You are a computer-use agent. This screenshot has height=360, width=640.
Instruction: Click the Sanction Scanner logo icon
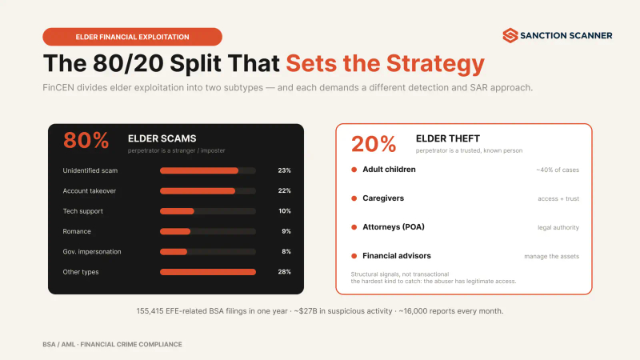tap(510, 35)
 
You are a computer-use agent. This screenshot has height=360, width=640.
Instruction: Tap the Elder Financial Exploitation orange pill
tap(132, 37)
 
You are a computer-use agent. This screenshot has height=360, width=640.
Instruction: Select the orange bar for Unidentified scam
tap(199, 170)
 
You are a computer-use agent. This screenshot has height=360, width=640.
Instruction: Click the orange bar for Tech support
tap(177, 211)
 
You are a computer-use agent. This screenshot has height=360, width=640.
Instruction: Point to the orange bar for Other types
tap(208, 272)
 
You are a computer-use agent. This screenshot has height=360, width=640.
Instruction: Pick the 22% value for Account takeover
tap(285, 190)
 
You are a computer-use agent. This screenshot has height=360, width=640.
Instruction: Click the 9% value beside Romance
tap(286, 231)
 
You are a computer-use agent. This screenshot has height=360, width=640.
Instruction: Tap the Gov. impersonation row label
tap(92, 252)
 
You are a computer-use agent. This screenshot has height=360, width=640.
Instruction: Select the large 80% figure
tap(86, 141)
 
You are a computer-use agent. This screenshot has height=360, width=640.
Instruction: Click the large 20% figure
tap(374, 144)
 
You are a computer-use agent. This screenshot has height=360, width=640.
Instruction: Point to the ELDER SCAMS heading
tap(162, 138)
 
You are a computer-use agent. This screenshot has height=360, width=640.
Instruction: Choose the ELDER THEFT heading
tap(448, 138)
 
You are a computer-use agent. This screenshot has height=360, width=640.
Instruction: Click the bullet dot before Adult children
tap(354, 170)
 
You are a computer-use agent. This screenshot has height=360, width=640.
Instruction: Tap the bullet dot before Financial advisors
tap(354, 256)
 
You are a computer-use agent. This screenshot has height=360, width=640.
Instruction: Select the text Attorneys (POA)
tap(394, 227)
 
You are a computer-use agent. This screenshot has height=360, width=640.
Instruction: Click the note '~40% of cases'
tap(558, 170)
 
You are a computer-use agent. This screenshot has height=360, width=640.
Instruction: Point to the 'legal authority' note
tap(558, 227)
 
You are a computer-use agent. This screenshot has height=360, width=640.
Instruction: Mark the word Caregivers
tap(383, 198)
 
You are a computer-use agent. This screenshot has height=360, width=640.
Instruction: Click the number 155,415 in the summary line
tap(150, 311)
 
